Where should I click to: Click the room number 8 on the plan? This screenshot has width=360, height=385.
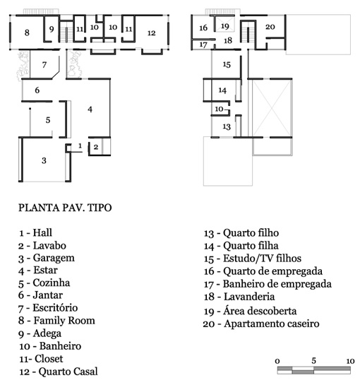pyautogui.click(x=27, y=32)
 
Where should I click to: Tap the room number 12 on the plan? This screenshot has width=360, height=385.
pyautogui.click(x=151, y=33)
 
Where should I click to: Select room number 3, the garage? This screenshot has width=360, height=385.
pyautogui.click(x=44, y=160)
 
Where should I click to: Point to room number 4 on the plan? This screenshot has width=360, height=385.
pyautogui.click(x=90, y=109)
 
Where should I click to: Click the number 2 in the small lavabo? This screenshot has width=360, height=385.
pyautogui.click(x=96, y=147)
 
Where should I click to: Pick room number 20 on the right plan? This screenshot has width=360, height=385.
pyautogui.click(x=270, y=27)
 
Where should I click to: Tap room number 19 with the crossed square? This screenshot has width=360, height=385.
pyautogui.click(x=225, y=26)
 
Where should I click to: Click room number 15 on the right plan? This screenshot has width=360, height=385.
pyautogui.click(x=227, y=64)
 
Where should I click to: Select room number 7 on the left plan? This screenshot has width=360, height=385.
pyautogui.click(x=44, y=65)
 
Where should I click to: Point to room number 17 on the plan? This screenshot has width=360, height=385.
pyautogui.click(x=203, y=45)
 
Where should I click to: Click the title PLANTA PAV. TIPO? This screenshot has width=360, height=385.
pyautogui.click(x=65, y=208)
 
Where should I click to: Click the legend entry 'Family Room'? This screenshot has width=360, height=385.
pyautogui.click(x=64, y=321)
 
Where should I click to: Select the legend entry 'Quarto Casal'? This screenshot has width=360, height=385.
pyautogui.click(x=68, y=372)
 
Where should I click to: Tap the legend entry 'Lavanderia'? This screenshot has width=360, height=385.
pyautogui.click(x=249, y=297)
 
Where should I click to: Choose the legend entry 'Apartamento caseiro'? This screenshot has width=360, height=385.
pyautogui.click(x=271, y=324)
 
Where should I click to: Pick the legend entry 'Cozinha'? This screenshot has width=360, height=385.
pyautogui.click(x=52, y=283)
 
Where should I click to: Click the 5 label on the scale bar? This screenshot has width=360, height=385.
pyautogui.click(x=313, y=361)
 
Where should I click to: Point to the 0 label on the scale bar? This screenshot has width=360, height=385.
pyautogui.click(x=277, y=361)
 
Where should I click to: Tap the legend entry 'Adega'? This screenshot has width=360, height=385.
pyautogui.click(x=47, y=333)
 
